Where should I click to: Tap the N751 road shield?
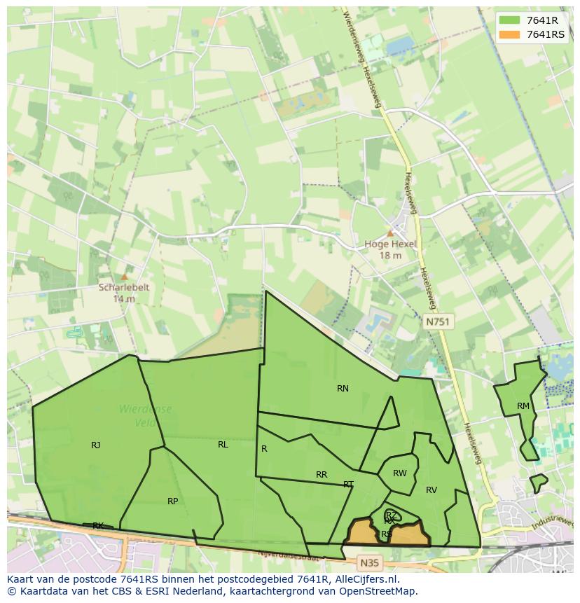pos(439,321)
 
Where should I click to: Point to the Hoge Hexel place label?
pos(390,244)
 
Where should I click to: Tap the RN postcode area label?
pos(343,389)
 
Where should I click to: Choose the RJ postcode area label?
pos(95,445)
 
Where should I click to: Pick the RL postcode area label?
pos(223,445)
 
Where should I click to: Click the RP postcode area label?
pos(172,501)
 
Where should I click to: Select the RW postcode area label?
pos(399,474)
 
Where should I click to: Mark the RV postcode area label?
pos(431,490)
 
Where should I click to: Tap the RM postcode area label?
pos(523,407)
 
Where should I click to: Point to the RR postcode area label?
pos(322,475)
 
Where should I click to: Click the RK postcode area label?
pos(98,526)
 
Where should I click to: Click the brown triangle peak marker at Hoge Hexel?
pos(390,233)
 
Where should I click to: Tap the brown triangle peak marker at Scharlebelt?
pos(125,277)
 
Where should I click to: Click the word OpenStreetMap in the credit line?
pos(381,591)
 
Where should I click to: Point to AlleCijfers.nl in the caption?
pos(364,579)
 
